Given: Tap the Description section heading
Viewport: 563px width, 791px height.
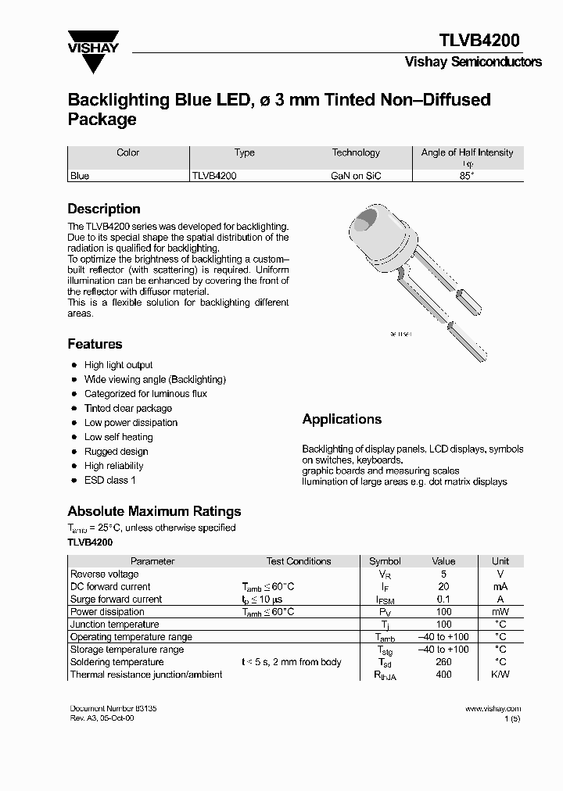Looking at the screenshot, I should (104, 209).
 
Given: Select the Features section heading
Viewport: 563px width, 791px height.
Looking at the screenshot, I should (95, 344).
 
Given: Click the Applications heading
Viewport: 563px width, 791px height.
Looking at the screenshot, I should (342, 420).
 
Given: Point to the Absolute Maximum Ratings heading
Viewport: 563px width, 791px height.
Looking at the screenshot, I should (154, 511).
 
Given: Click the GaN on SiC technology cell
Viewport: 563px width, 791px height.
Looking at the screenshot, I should (356, 177).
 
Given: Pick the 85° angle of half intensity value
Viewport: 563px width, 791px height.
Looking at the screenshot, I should (467, 177).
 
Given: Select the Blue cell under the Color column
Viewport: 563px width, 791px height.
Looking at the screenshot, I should (80, 177).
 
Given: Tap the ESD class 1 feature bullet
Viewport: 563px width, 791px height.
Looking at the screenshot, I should (109, 480).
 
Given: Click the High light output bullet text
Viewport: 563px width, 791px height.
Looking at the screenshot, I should (118, 365).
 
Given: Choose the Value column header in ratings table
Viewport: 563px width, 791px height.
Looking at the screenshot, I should (443, 561).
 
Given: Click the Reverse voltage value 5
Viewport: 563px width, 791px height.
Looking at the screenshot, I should (443, 574).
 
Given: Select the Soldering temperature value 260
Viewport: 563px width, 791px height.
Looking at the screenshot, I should (443, 662).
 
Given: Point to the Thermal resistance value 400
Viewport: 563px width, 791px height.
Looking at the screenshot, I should (443, 675).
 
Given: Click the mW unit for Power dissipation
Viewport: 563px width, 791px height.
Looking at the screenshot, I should (500, 612).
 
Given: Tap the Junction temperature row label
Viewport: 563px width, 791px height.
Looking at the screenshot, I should (114, 625).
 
